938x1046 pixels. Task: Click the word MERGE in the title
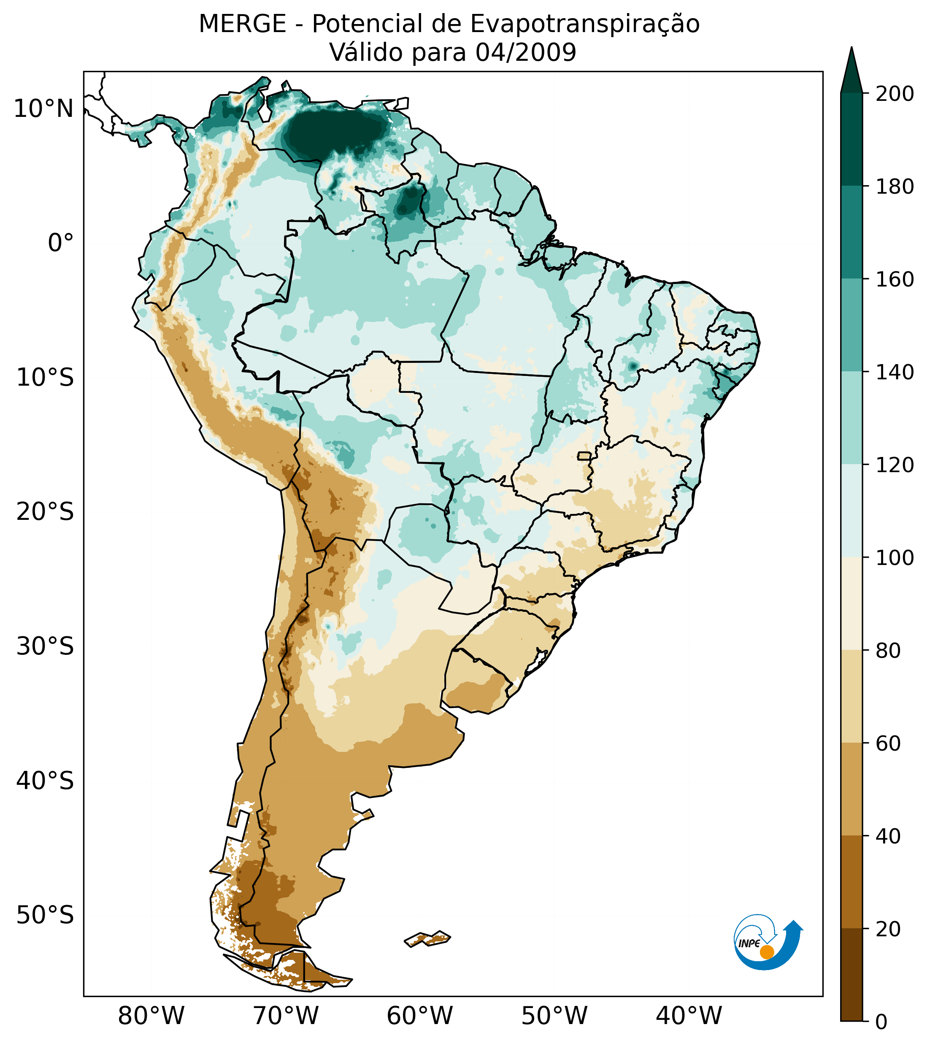pyautogui.click(x=242, y=24)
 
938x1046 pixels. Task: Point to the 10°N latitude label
pyautogui.click(x=44, y=109)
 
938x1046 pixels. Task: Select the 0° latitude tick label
pyautogui.click(x=61, y=243)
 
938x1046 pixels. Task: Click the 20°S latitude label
pyautogui.click(x=45, y=512)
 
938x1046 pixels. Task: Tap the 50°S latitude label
pyautogui.click(x=45, y=916)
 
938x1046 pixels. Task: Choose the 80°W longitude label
pyautogui.click(x=151, y=1016)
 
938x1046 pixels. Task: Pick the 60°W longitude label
pyautogui.click(x=420, y=1016)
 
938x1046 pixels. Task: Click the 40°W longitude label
pyautogui.click(x=689, y=1016)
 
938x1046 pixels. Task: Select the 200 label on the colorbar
pyautogui.click(x=895, y=94)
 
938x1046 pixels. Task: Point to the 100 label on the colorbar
pyautogui.click(x=895, y=558)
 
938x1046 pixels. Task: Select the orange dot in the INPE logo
pyautogui.click(x=767, y=952)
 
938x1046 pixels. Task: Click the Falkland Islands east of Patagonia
pyautogui.click(x=428, y=938)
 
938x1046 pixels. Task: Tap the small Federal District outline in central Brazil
pyautogui.click(x=584, y=456)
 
